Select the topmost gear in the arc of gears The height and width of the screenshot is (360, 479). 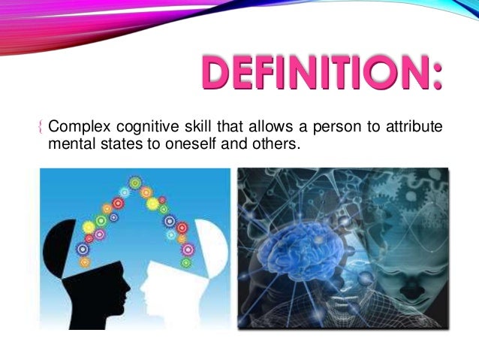point(136,182)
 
